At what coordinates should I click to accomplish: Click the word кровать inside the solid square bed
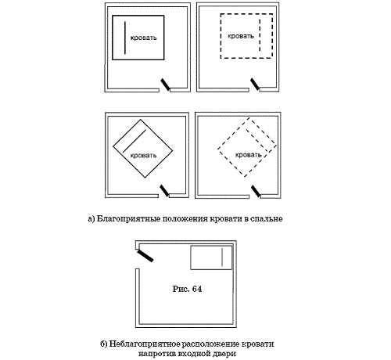point(144,38)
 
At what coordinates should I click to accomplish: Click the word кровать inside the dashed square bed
point(241,36)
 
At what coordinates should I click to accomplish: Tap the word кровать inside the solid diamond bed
point(143,156)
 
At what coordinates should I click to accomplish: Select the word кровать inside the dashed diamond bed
point(249,155)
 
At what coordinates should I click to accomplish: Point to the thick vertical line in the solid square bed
point(125,38)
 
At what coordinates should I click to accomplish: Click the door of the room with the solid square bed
point(165,85)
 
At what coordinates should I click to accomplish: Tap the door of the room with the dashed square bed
point(255,85)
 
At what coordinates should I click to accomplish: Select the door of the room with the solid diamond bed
point(164,191)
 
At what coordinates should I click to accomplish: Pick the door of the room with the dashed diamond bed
point(256,191)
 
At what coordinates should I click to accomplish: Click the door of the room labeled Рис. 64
point(145,255)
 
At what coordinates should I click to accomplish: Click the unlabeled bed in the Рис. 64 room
point(211,257)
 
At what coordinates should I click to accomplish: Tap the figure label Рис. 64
point(187,289)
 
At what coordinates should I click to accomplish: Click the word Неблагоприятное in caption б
point(144,344)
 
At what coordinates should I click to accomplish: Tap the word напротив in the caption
point(156,354)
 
